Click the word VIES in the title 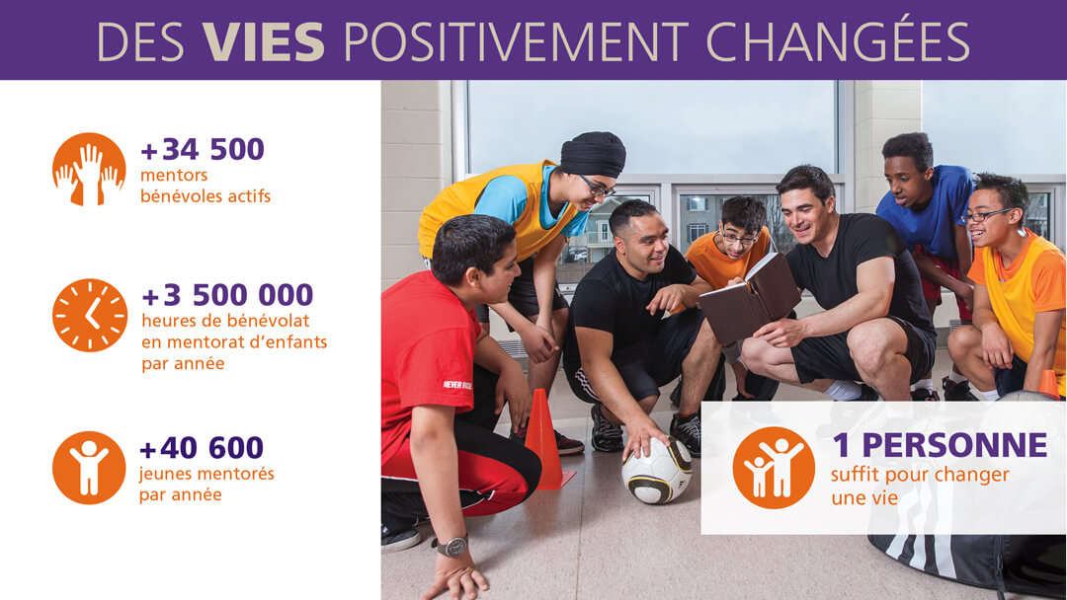point(263,41)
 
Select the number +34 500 point(203,149)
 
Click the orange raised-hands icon point(89,169)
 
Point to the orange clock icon point(90,315)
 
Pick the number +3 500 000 point(227,295)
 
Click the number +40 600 point(202,448)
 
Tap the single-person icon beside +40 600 point(89,468)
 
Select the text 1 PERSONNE point(940,445)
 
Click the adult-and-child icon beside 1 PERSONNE point(774,468)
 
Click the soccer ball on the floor point(657,470)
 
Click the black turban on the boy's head point(592,154)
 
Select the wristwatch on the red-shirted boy point(452,546)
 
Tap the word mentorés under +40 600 point(233,474)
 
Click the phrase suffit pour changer point(920,475)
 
